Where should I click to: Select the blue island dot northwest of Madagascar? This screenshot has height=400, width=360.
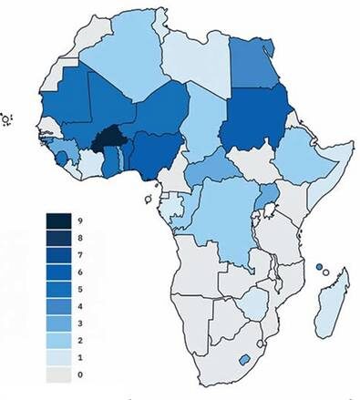319,266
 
